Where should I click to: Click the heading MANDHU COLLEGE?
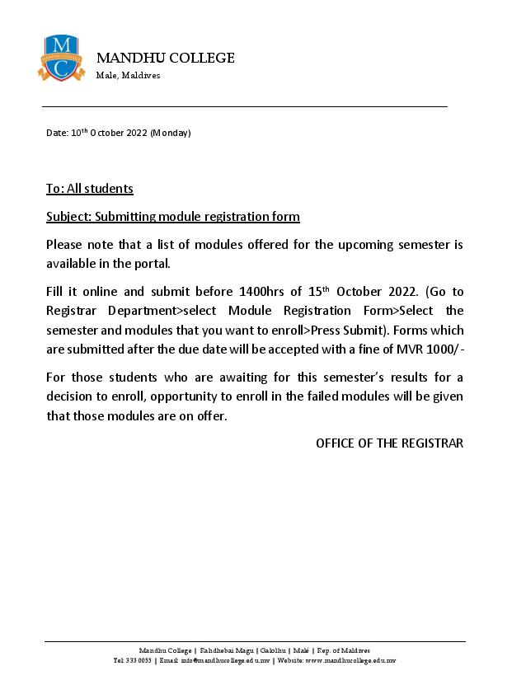pos(166,58)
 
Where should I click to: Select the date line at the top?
pos(118,133)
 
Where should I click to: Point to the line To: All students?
pos(89,189)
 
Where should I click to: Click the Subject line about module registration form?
pos(172,217)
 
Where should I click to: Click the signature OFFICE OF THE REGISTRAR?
pos(389,443)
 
